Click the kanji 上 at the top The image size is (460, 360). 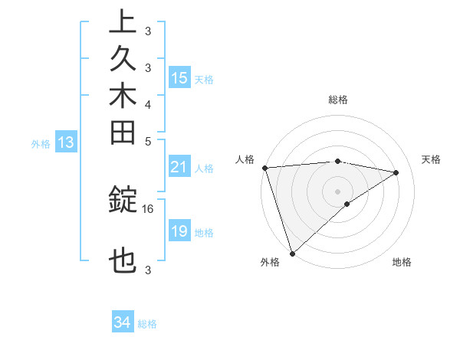pos(123,23)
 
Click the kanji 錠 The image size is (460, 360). pos(123,201)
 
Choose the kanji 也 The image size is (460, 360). pos(123,263)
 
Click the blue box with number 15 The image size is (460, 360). pos(179,78)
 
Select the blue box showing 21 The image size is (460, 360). pos(179,168)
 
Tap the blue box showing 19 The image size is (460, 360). pos(179,231)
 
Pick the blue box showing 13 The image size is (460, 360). pos(67,142)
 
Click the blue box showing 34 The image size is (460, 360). pos(123,322)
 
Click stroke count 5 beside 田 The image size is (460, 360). pos(148,141)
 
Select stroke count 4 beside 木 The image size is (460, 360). pos(148,104)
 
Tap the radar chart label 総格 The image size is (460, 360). pos(338,100)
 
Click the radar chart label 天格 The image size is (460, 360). pos(432,159)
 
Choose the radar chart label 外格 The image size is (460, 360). pos(270,263)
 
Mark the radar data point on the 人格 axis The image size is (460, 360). pos(264,168)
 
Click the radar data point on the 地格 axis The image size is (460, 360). pos(348,204)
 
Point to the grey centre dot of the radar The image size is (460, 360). pos(338,191)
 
